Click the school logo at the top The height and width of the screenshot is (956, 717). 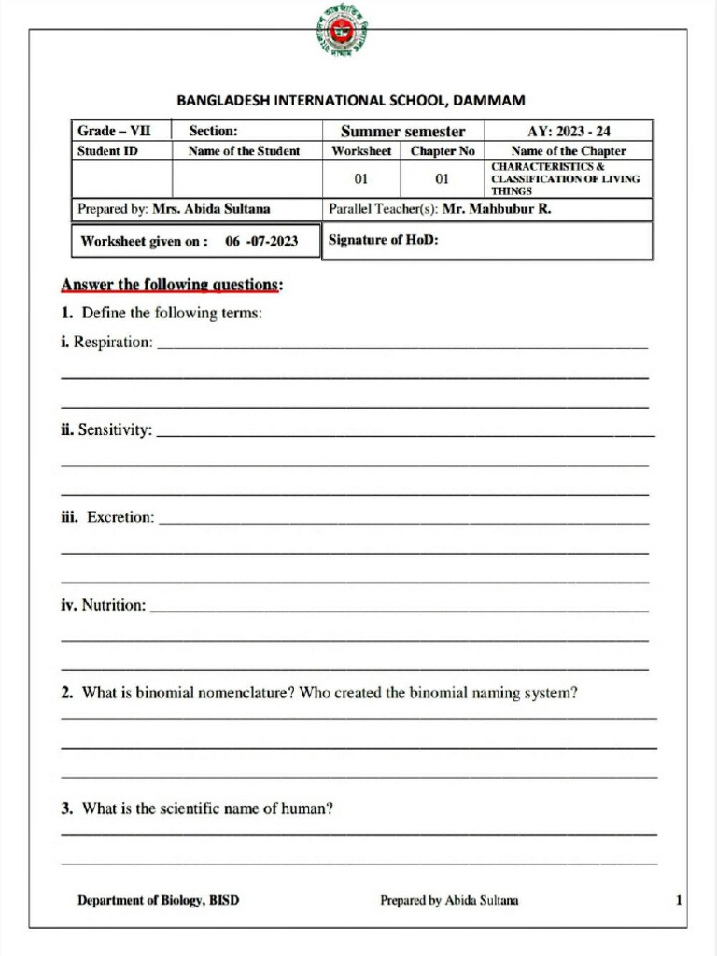click(341, 33)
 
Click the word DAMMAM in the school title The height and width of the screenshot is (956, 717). click(489, 100)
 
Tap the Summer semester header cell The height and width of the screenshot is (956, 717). click(402, 132)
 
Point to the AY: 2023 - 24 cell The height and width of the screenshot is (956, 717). click(569, 132)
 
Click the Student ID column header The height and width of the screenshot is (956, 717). click(107, 150)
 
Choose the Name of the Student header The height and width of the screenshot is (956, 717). click(245, 150)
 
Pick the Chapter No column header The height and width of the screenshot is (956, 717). click(443, 150)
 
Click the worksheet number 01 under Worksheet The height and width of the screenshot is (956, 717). click(361, 178)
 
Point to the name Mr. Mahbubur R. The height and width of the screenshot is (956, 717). click(497, 209)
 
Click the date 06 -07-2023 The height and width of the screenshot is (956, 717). click(261, 241)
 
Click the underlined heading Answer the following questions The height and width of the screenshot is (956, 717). click(172, 285)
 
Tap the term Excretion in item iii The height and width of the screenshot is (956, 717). click(120, 517)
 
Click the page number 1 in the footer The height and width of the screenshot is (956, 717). click(679, 901)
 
